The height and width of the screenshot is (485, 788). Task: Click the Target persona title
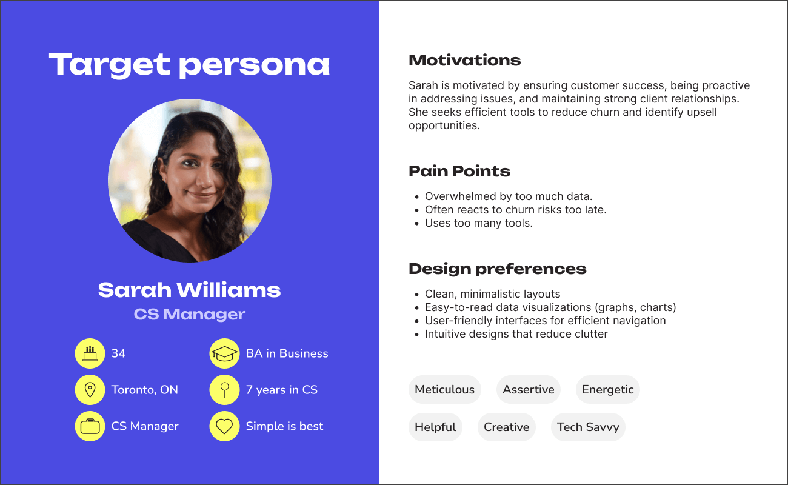pyautogui.click(x=189, y=65)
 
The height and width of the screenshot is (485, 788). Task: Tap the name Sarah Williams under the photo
pyautogui.click(x=189, y=290)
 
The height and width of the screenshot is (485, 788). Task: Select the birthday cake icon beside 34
pyautogui.click(x=90, y=353)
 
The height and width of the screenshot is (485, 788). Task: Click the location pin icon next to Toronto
pyautogui.click(x=90, y=390)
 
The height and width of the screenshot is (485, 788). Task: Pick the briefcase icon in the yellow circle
pyautogui.click(x=90, y=426)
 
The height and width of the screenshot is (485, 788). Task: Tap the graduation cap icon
pyautogui.click(x=224, y=353)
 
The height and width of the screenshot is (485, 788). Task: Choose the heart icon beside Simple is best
pyautogui.click(x=224, y=426)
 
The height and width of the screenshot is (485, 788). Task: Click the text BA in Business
pyautogui.click(x=287, y=353)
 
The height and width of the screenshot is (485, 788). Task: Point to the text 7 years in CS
pyautogui.click(x=281, y=390)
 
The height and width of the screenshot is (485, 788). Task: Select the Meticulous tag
pyautogui.click(x=444, y=389)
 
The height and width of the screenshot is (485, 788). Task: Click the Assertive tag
pyautogui.click(x=529, y=389)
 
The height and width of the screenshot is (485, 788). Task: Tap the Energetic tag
pyautogui.click(x=607, y=389)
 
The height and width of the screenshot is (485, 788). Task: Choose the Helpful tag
pyautogui.click(x=435, y=427)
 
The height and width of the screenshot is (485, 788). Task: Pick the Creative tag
pyautogui.click(x=506, y=427)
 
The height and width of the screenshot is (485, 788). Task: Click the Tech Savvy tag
pyautogui.click(x=588, y=427)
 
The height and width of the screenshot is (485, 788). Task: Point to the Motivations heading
pyautogui.click(x=464, y=60)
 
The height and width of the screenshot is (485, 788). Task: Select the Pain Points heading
pyautogui.click(x=459, y=172)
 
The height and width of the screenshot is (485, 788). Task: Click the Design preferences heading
pyautogui.click(x=497, y=269)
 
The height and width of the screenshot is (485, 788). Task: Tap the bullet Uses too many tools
pyautogui.click(x=478, y=223)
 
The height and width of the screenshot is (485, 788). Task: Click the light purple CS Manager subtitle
pyautogui.click(x=189, y=314)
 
